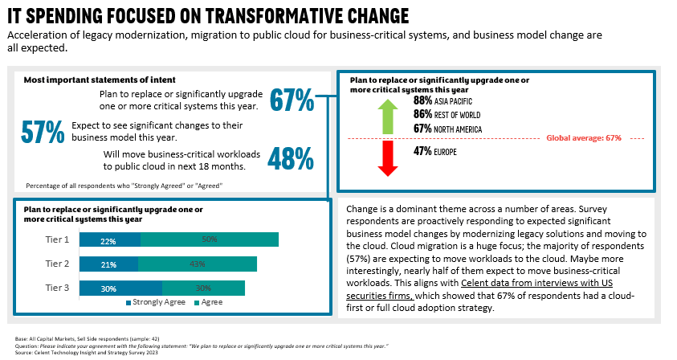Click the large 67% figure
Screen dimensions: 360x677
point(292,100)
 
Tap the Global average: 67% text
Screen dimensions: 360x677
point(584,138)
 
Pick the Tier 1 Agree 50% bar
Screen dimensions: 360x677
point(210,239)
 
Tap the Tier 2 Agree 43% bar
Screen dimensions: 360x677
point(197,264)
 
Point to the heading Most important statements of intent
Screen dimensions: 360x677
point(99,80)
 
